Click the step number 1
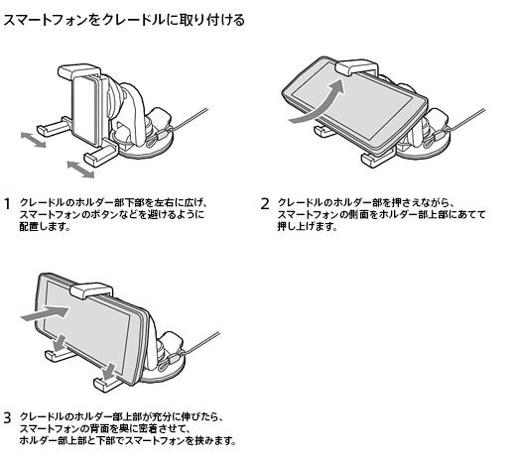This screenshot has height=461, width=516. [7, 204]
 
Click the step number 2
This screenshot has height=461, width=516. [265, 204]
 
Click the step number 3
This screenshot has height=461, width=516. [7, 418]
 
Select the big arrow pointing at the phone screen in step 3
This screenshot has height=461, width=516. [46, 312]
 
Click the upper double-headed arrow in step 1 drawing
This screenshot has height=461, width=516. [33, 140]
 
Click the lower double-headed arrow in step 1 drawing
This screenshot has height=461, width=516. [80, 170]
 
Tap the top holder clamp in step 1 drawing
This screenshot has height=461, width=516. [79, 71]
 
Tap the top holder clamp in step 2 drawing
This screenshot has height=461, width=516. [357, 67]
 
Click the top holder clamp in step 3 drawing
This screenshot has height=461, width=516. [91, 290]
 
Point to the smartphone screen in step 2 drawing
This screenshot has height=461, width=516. [352, 105]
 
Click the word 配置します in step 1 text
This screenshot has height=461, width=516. [45, 227]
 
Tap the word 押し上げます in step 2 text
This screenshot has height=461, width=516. [307, 227]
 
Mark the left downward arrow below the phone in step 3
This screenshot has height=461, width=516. [61, 343]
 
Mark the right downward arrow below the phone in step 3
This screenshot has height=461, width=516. [109, 372]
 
